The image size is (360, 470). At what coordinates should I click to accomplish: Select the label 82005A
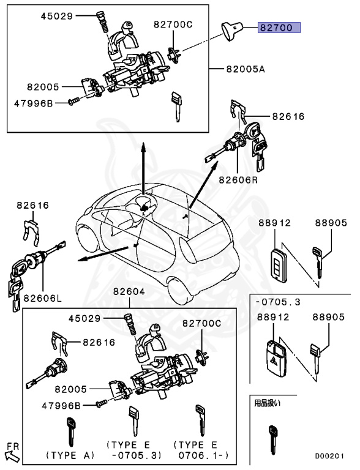244,70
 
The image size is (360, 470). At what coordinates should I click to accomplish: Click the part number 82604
129,293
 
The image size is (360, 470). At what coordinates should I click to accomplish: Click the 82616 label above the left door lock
32,206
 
